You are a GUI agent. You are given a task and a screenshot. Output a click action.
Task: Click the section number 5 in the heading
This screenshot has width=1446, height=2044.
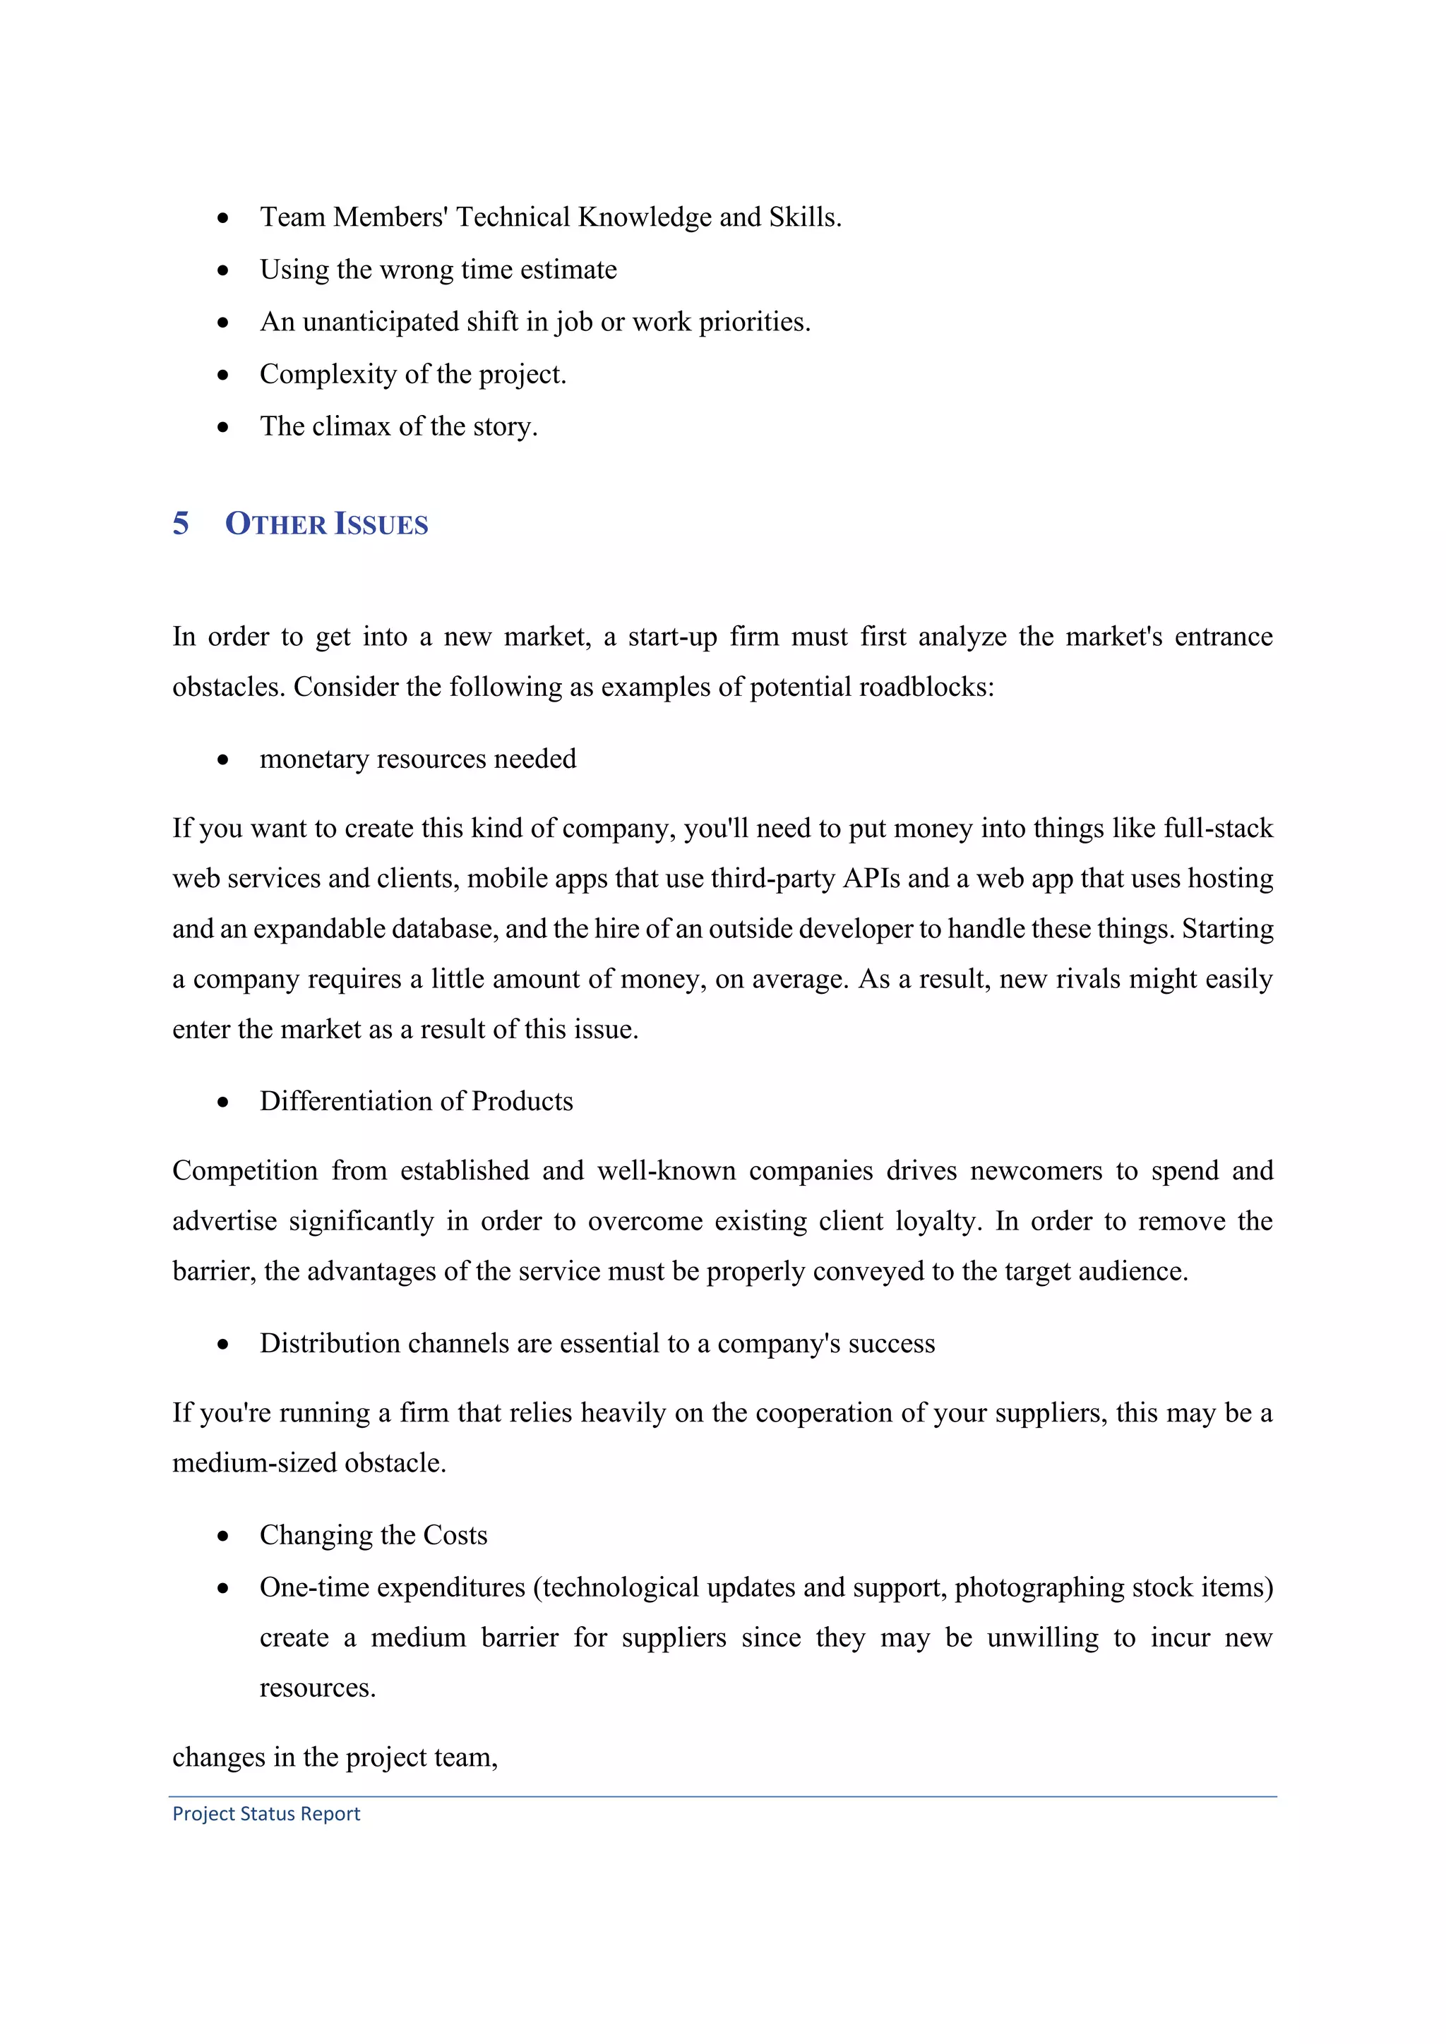coord(181,524)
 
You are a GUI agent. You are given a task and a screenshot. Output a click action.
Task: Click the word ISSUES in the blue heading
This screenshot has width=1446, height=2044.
coord(381,524)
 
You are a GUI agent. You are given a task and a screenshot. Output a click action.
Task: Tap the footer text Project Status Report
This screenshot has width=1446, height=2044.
coord(266,1813)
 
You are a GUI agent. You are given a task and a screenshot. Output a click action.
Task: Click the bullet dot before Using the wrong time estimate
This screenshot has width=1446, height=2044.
coord(222,270)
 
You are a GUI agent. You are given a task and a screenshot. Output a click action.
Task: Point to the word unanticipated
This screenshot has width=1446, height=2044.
coord(380,321)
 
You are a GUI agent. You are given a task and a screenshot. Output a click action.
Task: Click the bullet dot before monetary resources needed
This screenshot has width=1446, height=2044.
coord(222,759)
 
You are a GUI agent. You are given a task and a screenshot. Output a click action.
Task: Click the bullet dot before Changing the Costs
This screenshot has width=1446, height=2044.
coord(222,1536)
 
